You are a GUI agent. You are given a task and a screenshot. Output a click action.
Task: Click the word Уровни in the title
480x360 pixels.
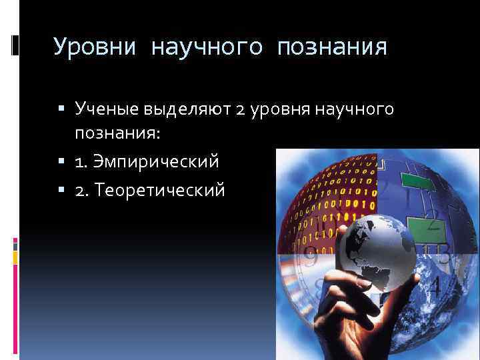[x=94, y=47]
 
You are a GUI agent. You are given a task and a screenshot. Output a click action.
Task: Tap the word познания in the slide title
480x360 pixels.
[x=333, y=47]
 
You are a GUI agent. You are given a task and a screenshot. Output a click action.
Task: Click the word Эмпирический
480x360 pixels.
[x=157, y=162]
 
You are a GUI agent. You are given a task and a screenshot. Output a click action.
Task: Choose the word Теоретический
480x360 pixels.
[x=159, y=191]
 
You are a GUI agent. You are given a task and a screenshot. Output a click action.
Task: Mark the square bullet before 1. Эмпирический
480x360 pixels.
[x=61, y=162]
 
